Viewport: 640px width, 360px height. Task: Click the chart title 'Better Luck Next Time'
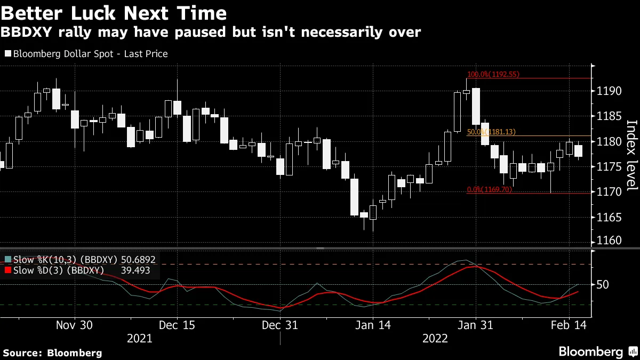[x=113, y=12]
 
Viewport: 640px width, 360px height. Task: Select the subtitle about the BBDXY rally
[x=211, y=33]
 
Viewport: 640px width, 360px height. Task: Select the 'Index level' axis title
[x=631, y=155]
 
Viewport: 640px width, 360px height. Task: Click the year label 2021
[x=140, y=339]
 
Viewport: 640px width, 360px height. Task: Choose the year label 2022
[x=435, y=339]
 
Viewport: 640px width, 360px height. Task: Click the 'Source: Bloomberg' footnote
[x=52, y=353]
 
